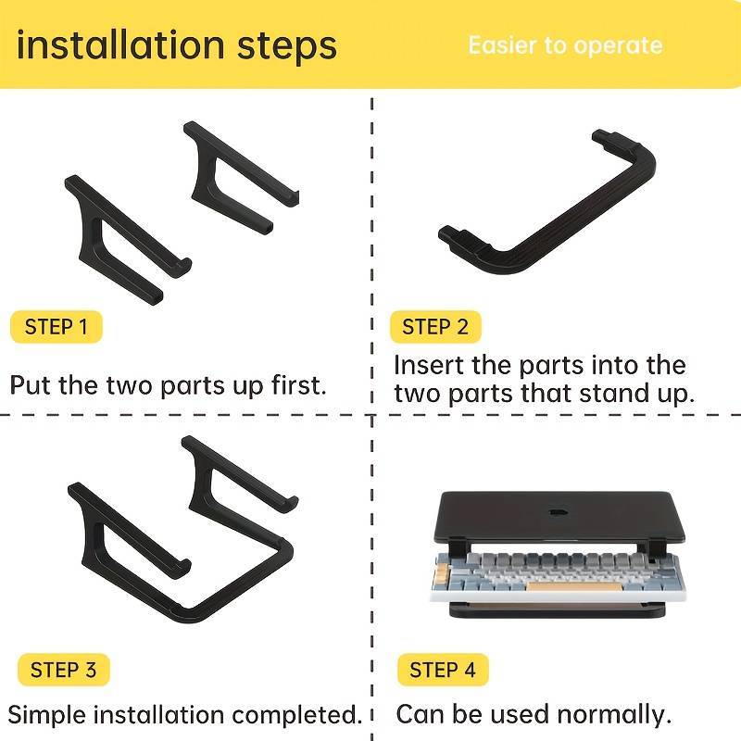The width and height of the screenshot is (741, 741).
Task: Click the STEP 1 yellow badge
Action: click(x=57, y=327)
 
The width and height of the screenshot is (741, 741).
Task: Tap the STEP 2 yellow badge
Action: click(x=435, y=327)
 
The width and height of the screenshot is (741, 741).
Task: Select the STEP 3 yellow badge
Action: click(x=63, y=670)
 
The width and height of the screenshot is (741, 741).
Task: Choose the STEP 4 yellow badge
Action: click(x=443, y=670)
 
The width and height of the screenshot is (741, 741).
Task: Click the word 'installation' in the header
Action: click(x=120, y=44)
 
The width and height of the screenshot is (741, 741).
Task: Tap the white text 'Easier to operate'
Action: click(x=565, y=45)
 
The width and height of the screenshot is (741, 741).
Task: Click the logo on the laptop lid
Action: click(x=559, y=512)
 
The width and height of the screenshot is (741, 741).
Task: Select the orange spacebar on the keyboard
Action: click(x=573, y=586)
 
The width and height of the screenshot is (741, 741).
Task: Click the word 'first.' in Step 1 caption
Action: click(x=299, y=384)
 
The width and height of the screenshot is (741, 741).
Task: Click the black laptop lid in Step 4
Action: click(x=559, y=518)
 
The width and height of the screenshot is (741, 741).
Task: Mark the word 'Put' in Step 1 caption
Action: click(x=30, y=384)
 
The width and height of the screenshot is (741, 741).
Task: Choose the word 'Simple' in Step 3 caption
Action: click(x=46, y=715)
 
